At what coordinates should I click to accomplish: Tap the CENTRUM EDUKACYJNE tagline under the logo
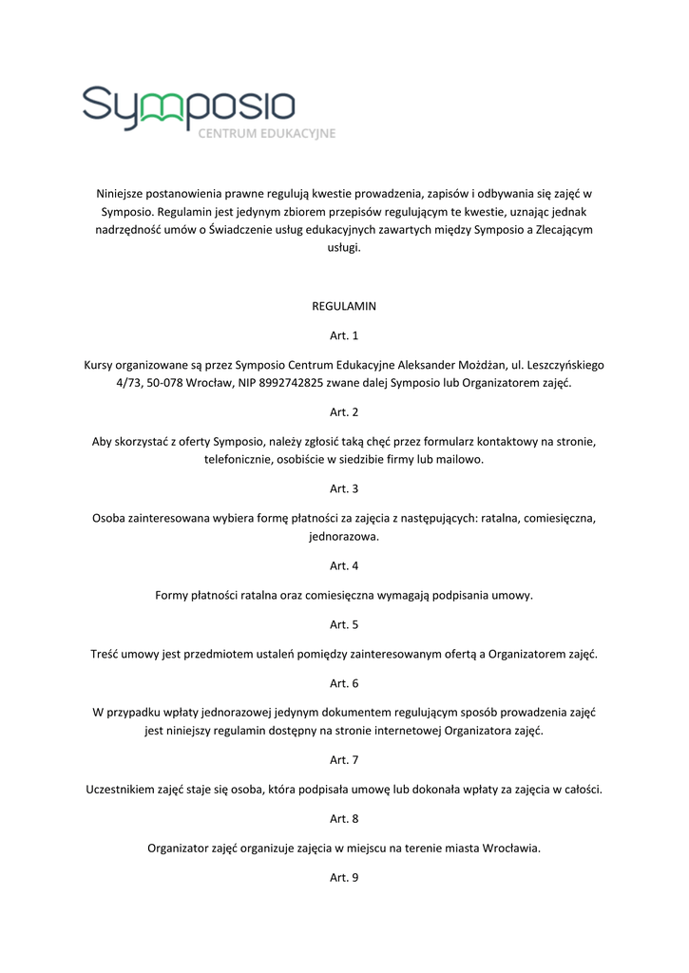(x=266, y=134)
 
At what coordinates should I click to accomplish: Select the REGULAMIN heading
(x=344, y=307)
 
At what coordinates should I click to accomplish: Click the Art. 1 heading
(x=344, y=335)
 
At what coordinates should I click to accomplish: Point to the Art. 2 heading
(x=344, y=412)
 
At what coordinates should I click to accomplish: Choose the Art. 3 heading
(x=344, y=488)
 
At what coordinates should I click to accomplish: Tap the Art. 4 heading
(x=344, y=566)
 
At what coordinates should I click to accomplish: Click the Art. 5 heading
(x=344, y=624)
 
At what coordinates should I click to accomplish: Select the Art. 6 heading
(x=344, y=683)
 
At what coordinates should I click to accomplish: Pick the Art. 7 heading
(x=344, y=760)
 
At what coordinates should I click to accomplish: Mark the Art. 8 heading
(x=344, y=818)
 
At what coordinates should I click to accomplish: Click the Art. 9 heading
(x=344, y=877)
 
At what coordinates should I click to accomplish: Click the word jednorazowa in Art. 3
(x=344, y=537)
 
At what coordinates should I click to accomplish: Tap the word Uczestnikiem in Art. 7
(x=124, y=790)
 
